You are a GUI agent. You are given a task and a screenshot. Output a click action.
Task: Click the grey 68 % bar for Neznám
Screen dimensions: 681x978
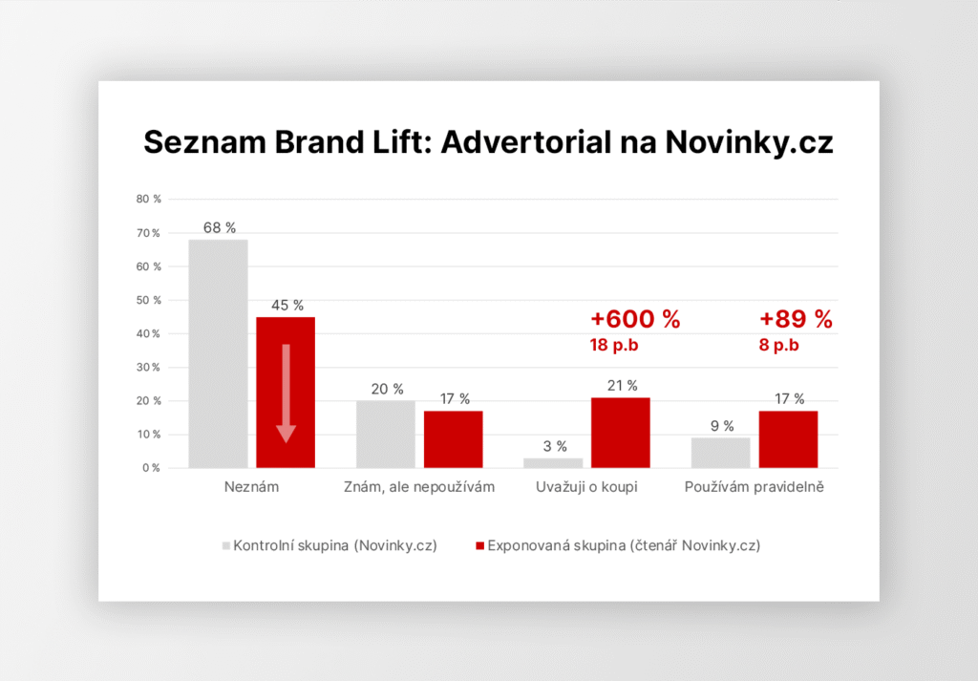(218, 353)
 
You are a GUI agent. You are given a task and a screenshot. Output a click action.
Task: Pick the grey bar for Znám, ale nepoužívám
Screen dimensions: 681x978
(386, 435)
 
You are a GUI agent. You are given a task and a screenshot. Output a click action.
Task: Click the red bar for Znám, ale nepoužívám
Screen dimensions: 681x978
(454, 439)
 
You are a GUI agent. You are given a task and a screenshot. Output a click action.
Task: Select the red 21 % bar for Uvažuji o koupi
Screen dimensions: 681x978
(622, 433)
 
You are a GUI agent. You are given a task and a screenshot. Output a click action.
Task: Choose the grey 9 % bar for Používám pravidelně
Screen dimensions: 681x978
(721, 453)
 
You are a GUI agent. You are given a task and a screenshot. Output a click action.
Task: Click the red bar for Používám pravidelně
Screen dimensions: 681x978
(789, 439)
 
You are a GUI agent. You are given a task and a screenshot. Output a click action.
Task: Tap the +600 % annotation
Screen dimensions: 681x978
(635, 320)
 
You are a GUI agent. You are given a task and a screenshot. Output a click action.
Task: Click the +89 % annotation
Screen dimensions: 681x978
(796, 320)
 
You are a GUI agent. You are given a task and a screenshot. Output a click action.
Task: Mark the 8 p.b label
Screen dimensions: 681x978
(779, 346)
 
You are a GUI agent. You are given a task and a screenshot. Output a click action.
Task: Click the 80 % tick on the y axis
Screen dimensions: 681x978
(149, 200)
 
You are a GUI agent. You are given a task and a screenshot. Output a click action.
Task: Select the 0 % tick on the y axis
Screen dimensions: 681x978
(152, 468)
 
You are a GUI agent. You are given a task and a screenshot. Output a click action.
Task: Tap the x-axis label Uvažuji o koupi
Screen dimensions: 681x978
(587, 488)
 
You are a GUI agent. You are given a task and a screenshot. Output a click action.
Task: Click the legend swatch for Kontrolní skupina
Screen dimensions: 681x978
(226, 546)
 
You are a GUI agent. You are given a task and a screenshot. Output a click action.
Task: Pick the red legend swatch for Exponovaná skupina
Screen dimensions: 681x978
(479, 546)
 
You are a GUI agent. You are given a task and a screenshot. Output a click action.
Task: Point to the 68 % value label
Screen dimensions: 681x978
(219, 228)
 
